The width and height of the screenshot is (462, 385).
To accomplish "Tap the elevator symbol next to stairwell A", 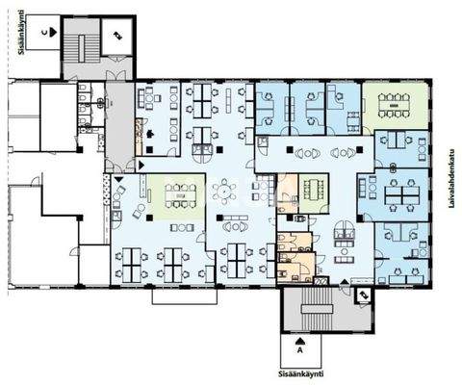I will (x=363, y=296).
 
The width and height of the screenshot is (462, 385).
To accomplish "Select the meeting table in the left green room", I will (x=179, y=193).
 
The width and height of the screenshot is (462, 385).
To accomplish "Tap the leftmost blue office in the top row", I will (x=272, y=111).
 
